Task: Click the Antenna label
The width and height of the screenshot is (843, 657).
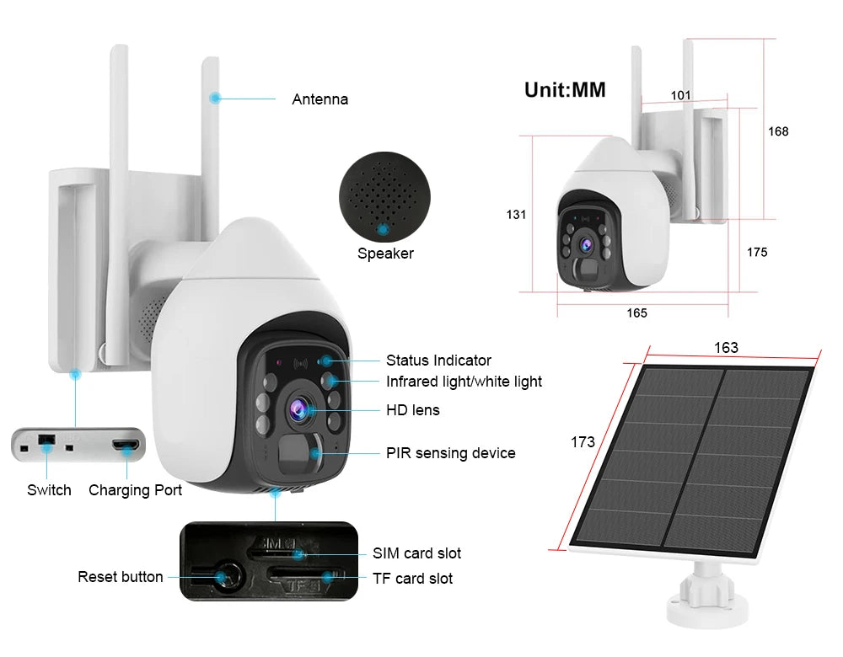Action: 319,99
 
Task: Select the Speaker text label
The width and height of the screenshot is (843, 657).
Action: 385,254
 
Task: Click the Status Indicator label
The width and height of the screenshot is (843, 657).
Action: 438,361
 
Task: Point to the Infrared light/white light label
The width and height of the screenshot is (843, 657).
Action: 464,382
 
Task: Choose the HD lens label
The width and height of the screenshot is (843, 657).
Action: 413,410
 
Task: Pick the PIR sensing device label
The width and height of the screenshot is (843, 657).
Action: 450,453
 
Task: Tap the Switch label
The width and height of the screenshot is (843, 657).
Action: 49,490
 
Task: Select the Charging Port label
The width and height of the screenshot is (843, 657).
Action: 135,490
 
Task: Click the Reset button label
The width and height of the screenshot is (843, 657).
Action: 121,577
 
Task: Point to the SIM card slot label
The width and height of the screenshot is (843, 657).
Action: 416,553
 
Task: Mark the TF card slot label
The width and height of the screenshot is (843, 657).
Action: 412,579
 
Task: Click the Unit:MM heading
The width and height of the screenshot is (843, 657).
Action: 565,89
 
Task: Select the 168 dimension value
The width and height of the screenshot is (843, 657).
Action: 777,131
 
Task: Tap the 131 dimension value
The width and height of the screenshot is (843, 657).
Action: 516,215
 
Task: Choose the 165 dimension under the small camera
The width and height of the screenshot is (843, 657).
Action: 636,313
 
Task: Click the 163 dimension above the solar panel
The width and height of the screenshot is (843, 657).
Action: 726,348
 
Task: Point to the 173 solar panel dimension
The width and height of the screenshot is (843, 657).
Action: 583,441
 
